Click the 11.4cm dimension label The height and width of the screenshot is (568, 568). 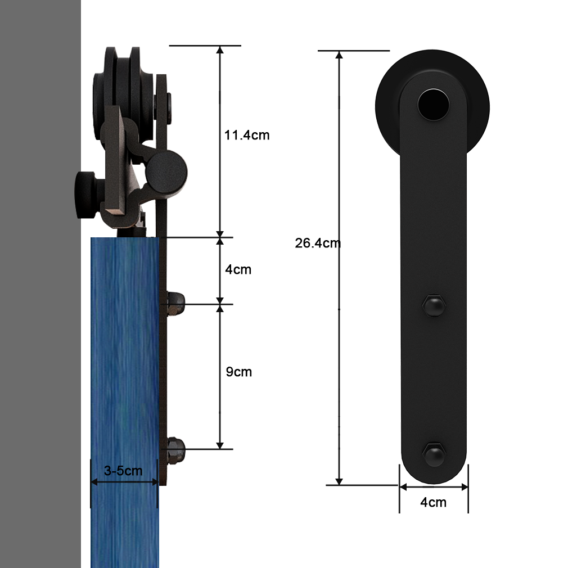click(246, 135)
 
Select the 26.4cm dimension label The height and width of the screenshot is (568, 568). click(317, 243)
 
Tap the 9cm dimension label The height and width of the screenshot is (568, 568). click(238, 372)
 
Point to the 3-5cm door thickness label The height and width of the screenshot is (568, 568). click(123, 471)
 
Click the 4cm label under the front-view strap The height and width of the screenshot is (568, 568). click(433, 502)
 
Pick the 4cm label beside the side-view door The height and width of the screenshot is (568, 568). click(238, 269)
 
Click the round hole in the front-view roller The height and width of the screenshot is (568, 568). click(433, 103)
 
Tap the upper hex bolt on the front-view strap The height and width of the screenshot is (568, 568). click(434, 305)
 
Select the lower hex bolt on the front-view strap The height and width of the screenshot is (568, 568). click(434, 453)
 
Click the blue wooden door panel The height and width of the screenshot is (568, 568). click(124, 366)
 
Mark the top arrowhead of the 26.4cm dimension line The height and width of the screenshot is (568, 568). click(339, 55)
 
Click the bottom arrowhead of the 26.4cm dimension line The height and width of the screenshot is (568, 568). click(339, 481)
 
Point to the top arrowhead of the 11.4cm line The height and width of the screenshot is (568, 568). click(220, 49)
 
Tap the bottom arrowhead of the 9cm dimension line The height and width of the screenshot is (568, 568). click(220, 445)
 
